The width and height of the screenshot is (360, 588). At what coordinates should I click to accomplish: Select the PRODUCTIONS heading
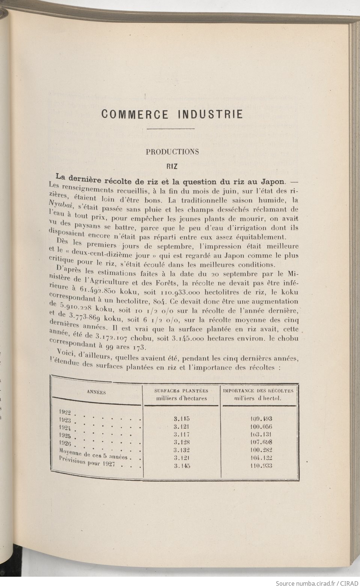172,152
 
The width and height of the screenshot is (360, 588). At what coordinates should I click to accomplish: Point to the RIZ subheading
172,165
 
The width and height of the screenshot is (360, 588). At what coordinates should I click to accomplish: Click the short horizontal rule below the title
172,129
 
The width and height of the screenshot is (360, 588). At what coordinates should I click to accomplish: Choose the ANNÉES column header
96,392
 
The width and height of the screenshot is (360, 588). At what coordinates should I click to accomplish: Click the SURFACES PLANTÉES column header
182,390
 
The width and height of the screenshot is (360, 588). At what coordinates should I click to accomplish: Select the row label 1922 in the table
65,412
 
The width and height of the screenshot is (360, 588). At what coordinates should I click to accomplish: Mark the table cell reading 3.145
182,466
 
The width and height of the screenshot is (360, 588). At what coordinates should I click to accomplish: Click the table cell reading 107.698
261,442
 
